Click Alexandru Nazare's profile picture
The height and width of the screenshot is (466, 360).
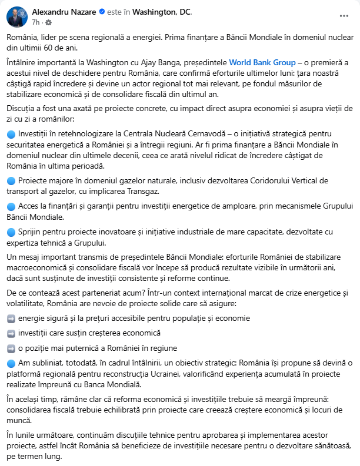click(16, 16)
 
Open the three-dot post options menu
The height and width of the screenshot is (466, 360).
click(343, 16)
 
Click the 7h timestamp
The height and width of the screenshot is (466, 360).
click(35, 22)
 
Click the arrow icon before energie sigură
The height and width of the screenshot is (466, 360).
click(11, 318)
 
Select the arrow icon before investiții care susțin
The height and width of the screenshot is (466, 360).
click(11, 333)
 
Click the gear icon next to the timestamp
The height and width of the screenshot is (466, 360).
click(48, 22)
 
